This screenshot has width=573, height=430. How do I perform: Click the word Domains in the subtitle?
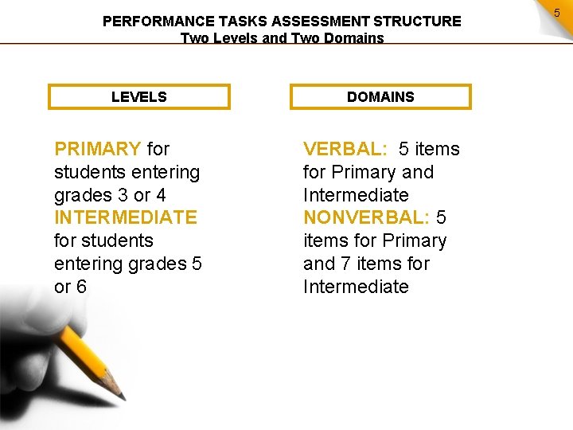[x=353, y=38]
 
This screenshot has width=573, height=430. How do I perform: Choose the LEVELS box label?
[x=139, y=97]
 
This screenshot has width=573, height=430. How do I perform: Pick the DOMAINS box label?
[x=380, y=97]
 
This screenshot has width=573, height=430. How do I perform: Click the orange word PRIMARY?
[x=97, y=149]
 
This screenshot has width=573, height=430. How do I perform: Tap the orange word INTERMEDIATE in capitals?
[x=125, y=217]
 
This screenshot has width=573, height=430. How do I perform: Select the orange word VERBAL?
[x=345, y=149]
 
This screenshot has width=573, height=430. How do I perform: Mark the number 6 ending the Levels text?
[x=81, y=287]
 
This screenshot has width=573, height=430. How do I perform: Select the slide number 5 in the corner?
[x=557, y=13]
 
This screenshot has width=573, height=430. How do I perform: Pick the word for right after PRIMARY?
[x=158, y=149]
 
